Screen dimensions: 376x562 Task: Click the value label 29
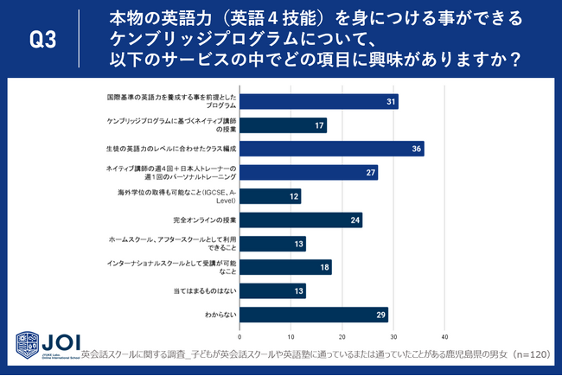(x=381, y=314)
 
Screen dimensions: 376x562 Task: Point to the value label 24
(x=355, y=220)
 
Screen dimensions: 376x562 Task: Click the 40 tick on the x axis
(x=444, y=337)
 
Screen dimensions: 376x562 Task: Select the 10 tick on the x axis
(x=291, y=337)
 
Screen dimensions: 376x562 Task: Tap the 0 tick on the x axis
(x=239, y=337)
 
